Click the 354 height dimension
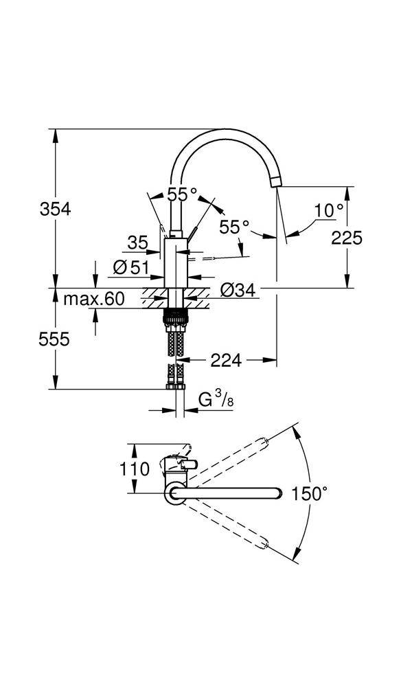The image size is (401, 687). click(56, 209)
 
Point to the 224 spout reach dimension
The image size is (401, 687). click(226, 359)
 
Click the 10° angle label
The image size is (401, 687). click(330, 210)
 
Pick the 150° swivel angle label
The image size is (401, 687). click(309, 493)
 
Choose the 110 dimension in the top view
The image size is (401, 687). click(135, 469)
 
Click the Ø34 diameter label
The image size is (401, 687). click(238, 291)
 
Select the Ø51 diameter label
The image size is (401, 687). click(130, 268)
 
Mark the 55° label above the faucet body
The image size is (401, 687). click(182, 194)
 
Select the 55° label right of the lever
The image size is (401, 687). click(233, 226)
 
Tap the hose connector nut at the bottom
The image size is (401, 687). click(176, 387)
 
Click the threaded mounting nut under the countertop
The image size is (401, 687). click(176, 318)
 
